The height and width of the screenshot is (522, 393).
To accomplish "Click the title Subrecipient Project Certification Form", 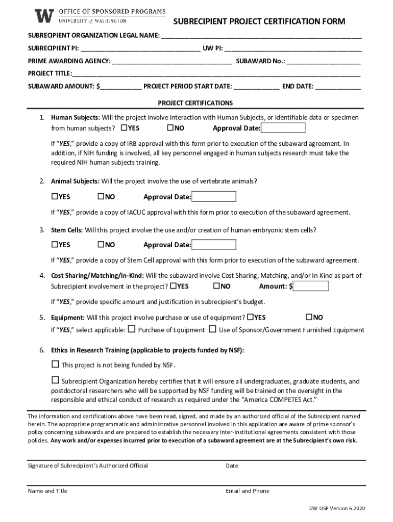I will pos(259,21).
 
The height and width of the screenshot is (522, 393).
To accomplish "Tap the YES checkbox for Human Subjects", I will pos(124,127).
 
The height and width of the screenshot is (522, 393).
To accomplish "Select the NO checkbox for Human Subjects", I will pos(170,127).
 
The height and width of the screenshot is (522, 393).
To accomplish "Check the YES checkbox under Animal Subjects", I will pos(54,197).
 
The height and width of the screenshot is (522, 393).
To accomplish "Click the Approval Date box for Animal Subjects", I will pos(213,197).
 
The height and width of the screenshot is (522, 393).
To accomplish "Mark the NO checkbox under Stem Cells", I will pos(101,245).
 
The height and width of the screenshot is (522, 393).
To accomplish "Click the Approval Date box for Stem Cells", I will pos(213,245).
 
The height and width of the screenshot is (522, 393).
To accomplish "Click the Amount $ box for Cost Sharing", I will pos(311,286).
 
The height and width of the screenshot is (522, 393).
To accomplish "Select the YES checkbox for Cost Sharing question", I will pos(174,286).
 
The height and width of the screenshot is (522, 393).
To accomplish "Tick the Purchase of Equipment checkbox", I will pos(132,329).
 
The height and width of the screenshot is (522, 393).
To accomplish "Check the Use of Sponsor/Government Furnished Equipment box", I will pos(213,329).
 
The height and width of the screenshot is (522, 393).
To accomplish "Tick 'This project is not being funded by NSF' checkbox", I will pos(55,364).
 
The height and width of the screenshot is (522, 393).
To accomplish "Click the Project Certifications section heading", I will pos(195,102).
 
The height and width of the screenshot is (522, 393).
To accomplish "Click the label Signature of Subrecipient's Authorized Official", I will pos(88,465).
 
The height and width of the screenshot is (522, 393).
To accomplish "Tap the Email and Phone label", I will pos(248,491).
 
